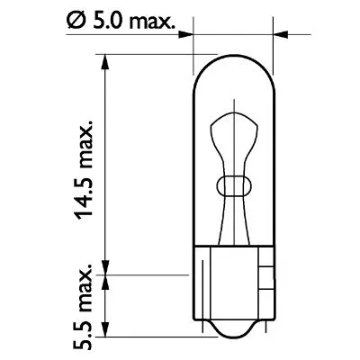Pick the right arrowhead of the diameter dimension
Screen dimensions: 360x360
277,36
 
